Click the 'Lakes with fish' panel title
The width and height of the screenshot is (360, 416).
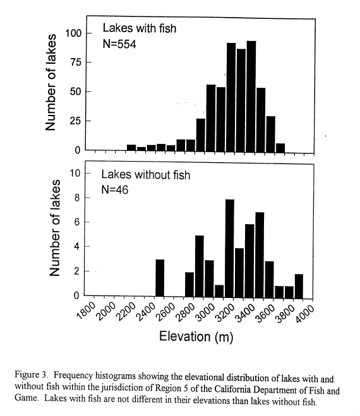pyautogui.click(x=140, y=28)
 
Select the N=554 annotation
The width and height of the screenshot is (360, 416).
pyautogui.click(x=119, y=44)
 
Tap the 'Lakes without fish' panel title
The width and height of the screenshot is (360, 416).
pyautogui.click(x=146, y=175)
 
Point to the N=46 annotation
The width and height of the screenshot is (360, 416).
pyautogui.click(x=115, y=190)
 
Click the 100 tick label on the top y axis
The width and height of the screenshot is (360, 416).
pyautogui.click(x=73, y=33)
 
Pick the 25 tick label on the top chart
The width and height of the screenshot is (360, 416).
pyautogui.click(x=76, y=121)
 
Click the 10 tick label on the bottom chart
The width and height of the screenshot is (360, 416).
pyautogui.click(x=75, y=173)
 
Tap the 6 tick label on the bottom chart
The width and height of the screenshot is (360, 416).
pyautogui.click(x=77, y=222)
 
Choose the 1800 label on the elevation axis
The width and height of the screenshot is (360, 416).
pyautogui.click(x=86, y=310)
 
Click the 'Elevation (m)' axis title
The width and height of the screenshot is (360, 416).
pyautogui.click(x=196, y=336)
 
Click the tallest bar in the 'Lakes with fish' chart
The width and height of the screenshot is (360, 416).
pyautogui.click(x=251, y=97)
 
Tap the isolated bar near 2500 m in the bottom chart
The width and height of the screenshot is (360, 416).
pyautogui.click(x=160, y=278)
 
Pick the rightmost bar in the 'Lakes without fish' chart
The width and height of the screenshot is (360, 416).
pyautogui.click(x=299, y=286)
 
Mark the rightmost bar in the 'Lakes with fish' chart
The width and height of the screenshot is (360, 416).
pyautogui.click(x=280, y=148)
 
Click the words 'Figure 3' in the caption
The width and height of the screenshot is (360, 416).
pyautogui.click(x=31, y=374)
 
